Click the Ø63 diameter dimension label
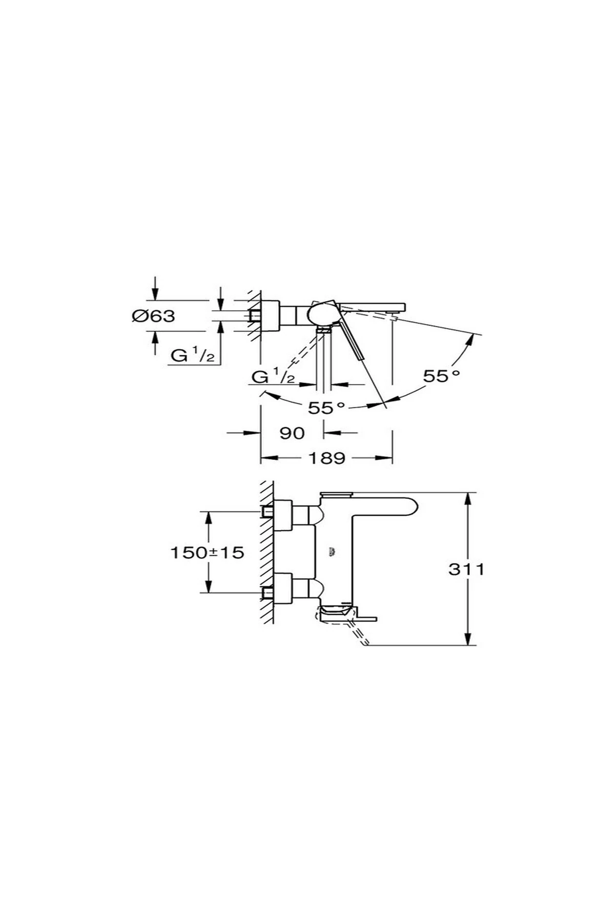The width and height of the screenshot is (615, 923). pyautogui.click(x=153, y=316)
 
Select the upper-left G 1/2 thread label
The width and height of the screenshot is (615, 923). pyautogui.click(x=193, y=355)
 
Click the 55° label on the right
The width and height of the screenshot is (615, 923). pyautogui.click(x=441, y=376)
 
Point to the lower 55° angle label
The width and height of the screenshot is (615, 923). pyautogui.click(x=326, y=408)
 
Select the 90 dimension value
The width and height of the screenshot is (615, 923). pyautogui.click(x=292, y=433)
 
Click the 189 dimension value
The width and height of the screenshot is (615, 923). pyautogui.click(x=326, y=458)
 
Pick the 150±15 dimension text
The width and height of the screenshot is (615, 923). pyautogui.click(x=207, y=552)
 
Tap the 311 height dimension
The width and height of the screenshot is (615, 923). pyautogui.click(x=466, y=569)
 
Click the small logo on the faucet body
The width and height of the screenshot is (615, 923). pyautogui.click(x=332, y=552)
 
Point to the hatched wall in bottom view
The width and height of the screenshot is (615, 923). pyautogui.click(x=266, y=552)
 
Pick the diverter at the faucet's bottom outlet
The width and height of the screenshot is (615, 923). pyautogui.click(x=336, y=613)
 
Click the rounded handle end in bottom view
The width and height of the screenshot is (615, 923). pyautogui.click(x=407, y=507)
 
